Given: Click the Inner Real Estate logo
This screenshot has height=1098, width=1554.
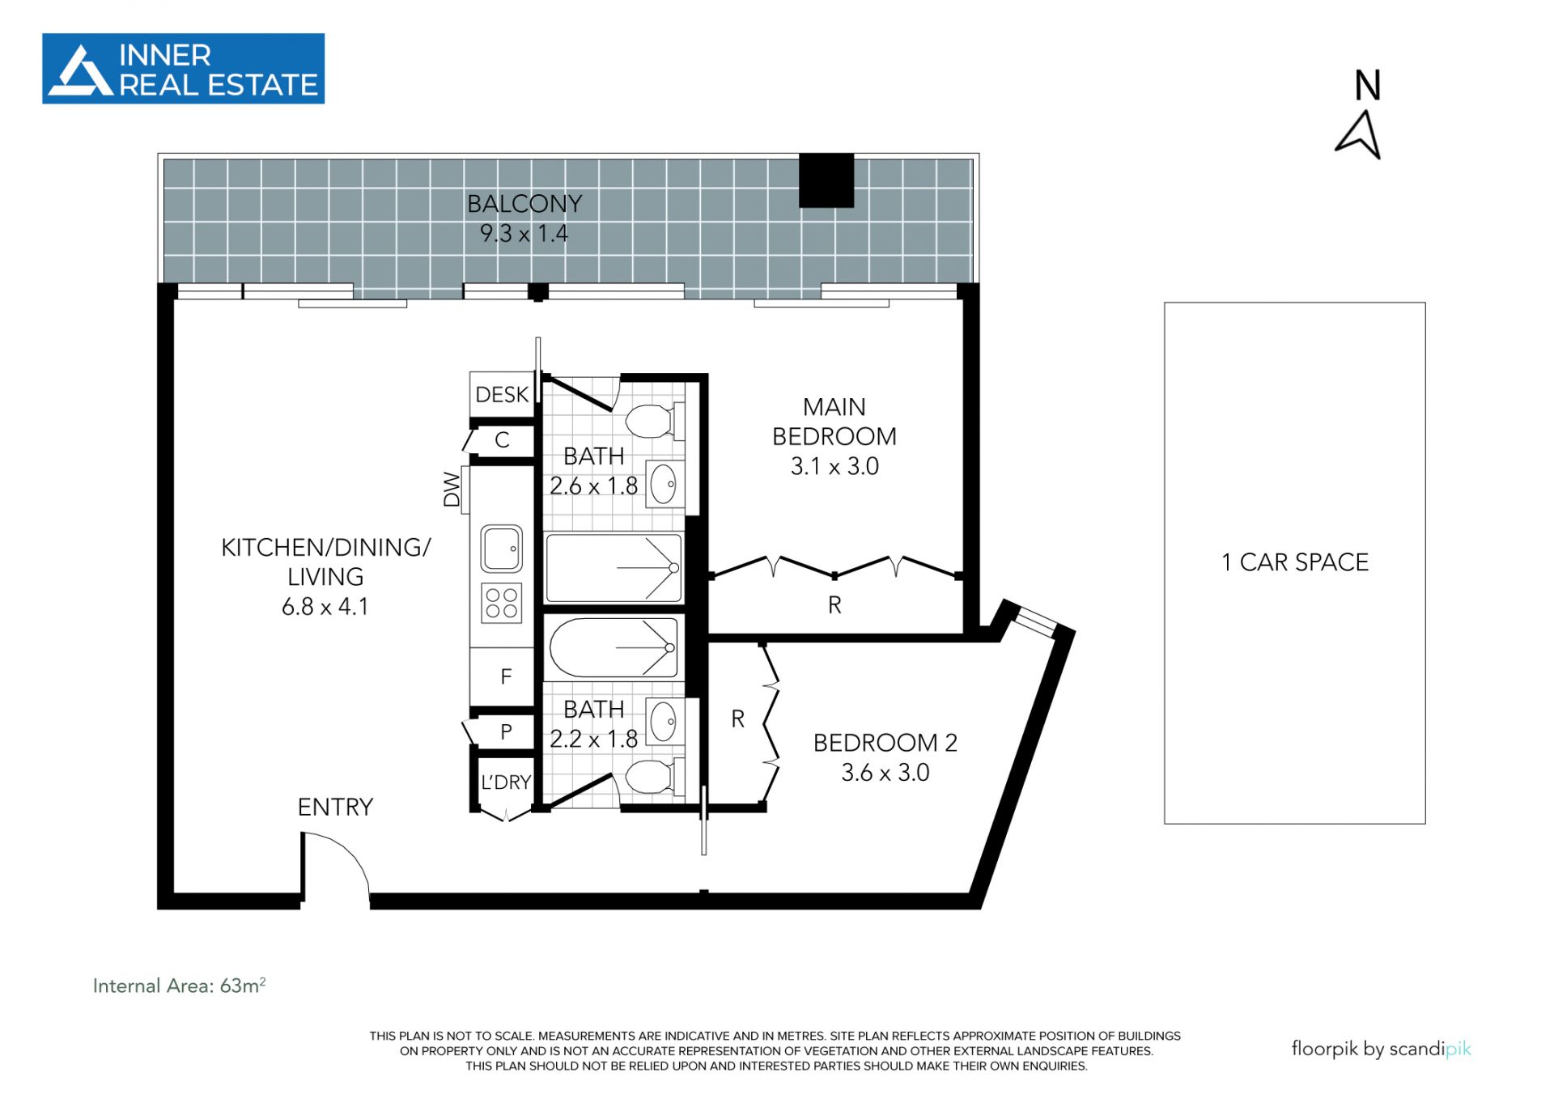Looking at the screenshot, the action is (x=183, y=69).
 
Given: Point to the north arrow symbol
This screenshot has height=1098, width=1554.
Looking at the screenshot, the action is (x=1360, y=134).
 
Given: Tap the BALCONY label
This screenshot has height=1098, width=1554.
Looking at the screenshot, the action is (x=524, y=204).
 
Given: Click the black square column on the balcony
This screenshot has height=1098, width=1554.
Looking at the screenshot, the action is (x=826, y=180).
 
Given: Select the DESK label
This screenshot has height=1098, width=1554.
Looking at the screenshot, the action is (x=502, y=395).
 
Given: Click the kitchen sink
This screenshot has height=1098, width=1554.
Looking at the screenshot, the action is (x=502, y=549).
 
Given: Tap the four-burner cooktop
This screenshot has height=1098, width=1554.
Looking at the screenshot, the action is (x=502, y=603).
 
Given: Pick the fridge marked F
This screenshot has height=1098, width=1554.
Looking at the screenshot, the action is (x=506, y=676).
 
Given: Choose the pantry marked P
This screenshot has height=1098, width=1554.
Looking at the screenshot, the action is (x=506, y=732).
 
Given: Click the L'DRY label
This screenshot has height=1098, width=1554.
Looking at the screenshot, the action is (x=506, y=782).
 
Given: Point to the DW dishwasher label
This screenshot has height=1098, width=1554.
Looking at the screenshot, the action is (x=452, y=490).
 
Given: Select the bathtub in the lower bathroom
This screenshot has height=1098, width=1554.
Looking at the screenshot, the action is (x=614, y=648).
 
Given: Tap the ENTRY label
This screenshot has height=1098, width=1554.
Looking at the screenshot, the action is (x=335, y=808).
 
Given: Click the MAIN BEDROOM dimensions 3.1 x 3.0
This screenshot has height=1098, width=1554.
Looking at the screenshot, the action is (x=834, y=467).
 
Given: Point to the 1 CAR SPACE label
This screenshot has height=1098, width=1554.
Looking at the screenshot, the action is (x=1295, y=562).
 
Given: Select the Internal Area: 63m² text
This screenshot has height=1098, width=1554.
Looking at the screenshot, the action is (x=179, y=986).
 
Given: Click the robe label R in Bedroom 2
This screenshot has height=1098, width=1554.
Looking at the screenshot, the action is (x=737, y=719).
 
